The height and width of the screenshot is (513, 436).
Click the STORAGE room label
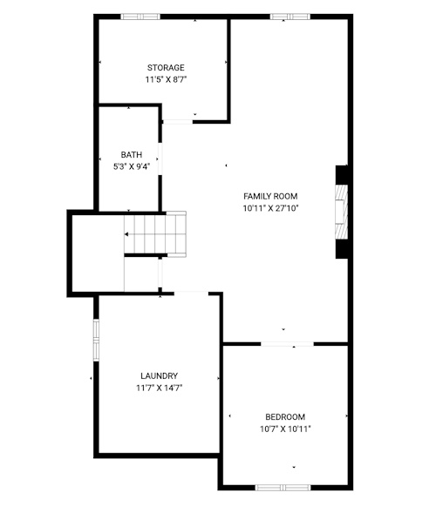[166, 68]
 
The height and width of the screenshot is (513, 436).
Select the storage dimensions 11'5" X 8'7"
[166, 79]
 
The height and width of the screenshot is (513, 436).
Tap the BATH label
[132, 154]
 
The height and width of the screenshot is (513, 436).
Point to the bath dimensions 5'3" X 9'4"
[132, 166]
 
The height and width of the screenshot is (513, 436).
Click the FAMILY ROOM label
[270, 196]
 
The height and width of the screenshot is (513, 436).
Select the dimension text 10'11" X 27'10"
[270, 208]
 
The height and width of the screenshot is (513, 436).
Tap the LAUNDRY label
[160, 376]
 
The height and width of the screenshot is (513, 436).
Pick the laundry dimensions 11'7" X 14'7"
[160, 388]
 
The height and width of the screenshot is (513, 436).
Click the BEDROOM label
[285, 417]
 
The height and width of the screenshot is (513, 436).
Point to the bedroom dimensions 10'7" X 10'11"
[285, 429]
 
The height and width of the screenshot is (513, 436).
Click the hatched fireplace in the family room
[341, 212]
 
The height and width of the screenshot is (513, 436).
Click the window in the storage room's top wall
[140, 17]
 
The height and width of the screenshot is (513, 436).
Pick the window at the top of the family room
[290, 17]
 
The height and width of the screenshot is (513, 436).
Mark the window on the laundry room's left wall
[96, 341]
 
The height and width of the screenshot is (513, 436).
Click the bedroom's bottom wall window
[283, 488]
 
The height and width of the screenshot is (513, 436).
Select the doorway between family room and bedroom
[287, 344]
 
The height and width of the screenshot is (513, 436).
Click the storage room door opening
[178, 122]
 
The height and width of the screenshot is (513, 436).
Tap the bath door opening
[160, 159]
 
